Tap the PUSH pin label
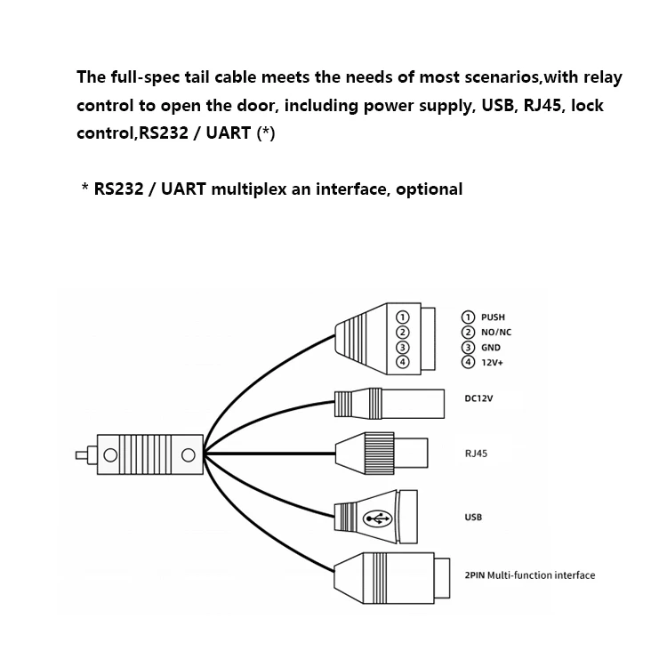click(492, 317)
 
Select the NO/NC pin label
click(496, 332)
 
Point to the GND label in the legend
click(490, 348)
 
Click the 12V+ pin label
click(492, 363)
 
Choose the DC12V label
click(478, 398)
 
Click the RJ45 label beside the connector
click(476, 454)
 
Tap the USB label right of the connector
click(473, 517)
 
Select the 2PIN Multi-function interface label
click(529, 575)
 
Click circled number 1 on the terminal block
click(402, 317)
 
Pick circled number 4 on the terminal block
click(402, 362)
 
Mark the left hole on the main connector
click(110, 454)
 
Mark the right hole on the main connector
click(189, 454)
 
